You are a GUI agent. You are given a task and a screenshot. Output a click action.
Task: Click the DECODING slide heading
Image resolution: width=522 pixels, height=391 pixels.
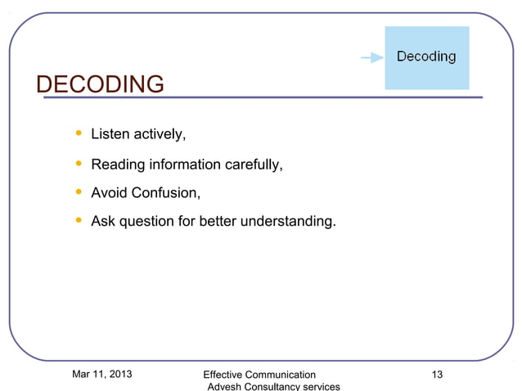101,83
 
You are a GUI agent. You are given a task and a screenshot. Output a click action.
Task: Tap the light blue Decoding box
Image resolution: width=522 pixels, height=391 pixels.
427,57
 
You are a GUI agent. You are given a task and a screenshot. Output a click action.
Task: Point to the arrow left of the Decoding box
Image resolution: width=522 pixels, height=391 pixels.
371,57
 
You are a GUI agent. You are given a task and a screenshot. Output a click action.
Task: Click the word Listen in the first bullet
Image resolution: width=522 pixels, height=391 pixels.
110,133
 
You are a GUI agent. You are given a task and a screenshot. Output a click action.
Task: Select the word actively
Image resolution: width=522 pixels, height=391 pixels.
160,134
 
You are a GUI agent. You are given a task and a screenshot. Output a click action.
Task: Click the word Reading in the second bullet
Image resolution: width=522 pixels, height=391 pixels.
117,165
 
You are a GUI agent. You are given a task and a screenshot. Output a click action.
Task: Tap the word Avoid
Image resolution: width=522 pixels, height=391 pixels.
109,194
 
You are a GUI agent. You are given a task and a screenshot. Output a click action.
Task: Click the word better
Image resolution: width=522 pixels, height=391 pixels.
216,221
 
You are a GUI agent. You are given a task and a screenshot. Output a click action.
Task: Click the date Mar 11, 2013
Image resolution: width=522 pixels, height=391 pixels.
102,375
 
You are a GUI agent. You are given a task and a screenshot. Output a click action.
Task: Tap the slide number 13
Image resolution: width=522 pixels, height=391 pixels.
437,375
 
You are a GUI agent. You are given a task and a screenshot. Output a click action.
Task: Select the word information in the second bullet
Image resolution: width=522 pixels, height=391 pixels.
184,165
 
